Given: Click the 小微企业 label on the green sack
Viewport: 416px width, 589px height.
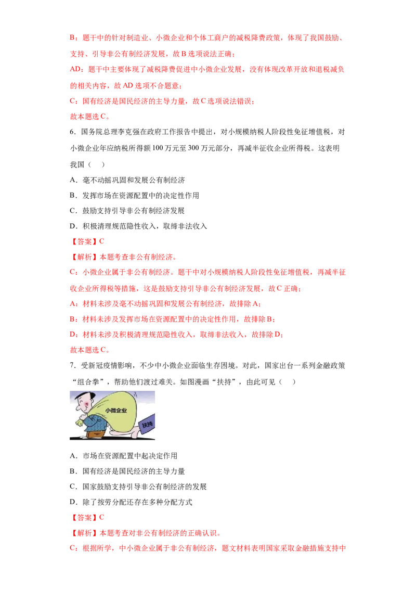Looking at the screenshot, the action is [116, 411].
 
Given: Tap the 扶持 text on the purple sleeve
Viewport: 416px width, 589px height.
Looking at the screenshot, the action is [147, 425].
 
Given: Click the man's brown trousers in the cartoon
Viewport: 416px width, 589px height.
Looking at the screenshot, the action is [95, 433].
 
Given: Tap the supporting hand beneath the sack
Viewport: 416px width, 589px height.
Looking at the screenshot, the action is [123, 432].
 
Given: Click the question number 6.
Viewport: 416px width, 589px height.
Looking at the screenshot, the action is [72, 132].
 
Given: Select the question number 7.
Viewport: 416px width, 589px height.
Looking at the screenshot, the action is [72, 365].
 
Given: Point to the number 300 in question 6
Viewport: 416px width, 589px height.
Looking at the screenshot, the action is [193, 148].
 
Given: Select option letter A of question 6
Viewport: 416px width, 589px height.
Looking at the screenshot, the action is [73, 180].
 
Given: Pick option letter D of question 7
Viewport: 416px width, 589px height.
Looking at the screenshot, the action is [73, 502].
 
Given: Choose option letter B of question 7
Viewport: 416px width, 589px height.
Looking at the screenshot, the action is [73, 471].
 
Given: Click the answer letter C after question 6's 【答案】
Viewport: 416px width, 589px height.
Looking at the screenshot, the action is [101, 241].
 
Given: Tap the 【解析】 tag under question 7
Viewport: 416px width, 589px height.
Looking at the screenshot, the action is [84, 533].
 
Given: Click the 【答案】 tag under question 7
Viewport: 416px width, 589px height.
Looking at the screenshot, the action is [84, 517].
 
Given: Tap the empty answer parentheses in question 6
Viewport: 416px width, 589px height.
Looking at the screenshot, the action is [96, 164].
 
